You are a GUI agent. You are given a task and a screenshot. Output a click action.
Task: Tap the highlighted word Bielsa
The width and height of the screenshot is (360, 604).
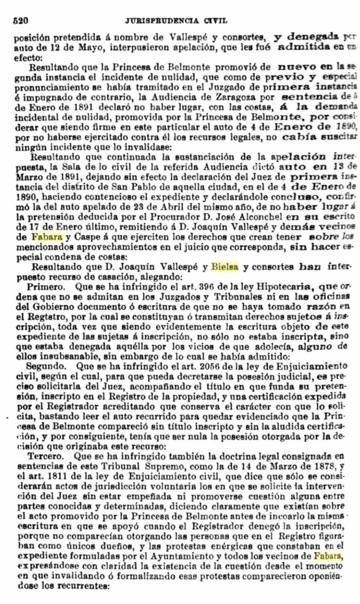[225, 268]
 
